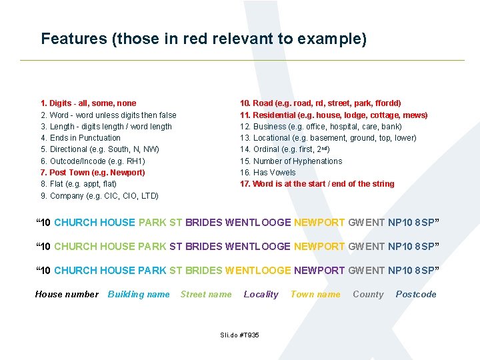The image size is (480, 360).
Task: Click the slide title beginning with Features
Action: click(x=203, y=39)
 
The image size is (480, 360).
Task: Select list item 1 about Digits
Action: click(x=88, y=103)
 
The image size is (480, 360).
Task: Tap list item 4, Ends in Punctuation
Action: click(x=81, y=138)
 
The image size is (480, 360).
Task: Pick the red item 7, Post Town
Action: click(x=93, y=173)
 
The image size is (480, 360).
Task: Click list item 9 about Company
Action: click(x=99, y=196)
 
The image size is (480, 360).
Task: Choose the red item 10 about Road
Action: click(x=320, y=103)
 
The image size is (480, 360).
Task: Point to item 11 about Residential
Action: click(x=333, y=115)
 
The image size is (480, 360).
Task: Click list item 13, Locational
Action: click(x=328, y=138)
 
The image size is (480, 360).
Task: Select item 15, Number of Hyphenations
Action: click(x=291, y=161)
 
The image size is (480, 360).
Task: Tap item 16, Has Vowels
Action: click(x=268, y=173)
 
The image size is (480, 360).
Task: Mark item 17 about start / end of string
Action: click(x=317, y=184)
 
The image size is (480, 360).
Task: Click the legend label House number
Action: click(x=67, y=294)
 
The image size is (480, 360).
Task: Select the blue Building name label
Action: click(x=139, y=294)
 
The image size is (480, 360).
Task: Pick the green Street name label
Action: click(x=206, y=294)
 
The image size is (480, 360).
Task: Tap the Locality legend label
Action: click(x=261, y=294)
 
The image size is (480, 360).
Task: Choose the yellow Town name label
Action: click(x=315, y=294)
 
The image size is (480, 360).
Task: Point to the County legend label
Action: click(x=368, y=294)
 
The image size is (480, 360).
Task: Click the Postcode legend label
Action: click(x=416, y=294)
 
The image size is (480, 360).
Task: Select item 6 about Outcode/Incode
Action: click(x=93, y=161)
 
